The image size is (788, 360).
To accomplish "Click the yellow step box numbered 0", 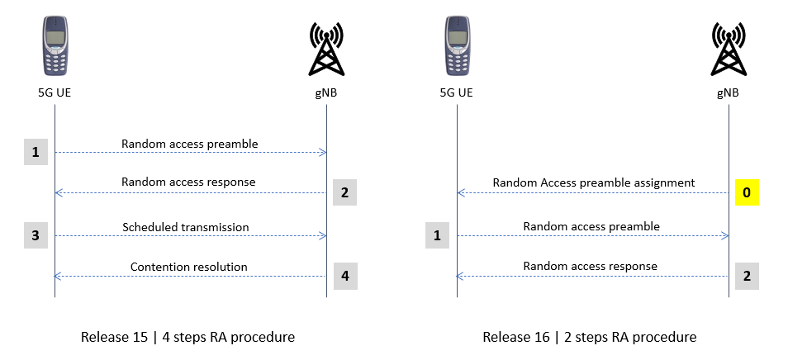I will [746, 193].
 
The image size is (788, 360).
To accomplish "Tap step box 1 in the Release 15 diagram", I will [35, 153].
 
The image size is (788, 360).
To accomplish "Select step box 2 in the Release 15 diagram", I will [345, 193].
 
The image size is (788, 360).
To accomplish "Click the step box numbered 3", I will [35, 236].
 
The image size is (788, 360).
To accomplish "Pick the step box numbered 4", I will [345, 276].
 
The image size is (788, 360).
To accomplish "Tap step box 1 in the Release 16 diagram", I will [438, 236].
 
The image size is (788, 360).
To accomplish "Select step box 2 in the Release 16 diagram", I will [746, 276].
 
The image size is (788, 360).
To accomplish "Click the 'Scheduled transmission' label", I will [186, 226].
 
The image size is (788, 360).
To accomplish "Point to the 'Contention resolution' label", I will [189, 267].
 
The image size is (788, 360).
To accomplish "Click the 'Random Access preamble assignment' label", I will [594, 182].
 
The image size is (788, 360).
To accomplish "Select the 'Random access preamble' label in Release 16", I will [591, 225].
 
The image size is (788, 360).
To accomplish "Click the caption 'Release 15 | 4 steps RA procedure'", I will [188, 337].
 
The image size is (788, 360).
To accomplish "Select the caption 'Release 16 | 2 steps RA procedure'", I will [590, 337].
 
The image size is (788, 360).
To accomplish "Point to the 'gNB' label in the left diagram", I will [326, 93].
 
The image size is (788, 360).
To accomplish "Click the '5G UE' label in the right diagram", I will [457, 93].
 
